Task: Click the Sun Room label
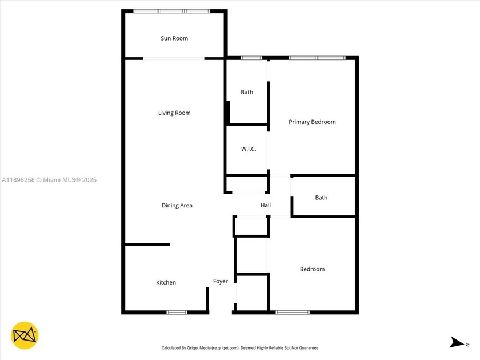[x=174, y=38]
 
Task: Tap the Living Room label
[x=174, y=113]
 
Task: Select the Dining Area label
[x=177, y=206]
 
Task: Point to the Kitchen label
[x=166, y=283]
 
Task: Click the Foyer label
[x=221, y=281]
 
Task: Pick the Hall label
[x=266, y=206]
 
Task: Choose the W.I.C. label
[x=248, y=149]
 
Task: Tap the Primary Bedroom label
[x=312, y=122]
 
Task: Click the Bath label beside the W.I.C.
[x=247, y=92]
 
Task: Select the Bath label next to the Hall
[x=321, y=198]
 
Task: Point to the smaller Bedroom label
[x=312, y=269]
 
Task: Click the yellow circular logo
[x=25, y=335]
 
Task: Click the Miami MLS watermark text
[x=49, y=180]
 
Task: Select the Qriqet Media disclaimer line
[x=240, y=347]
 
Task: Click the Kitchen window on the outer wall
[x=177, y=312]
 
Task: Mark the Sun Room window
[x=171, y=11]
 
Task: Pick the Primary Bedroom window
[x=317, y=58]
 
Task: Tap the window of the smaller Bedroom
[x=293, y=312]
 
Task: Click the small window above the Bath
[x=251, y=58]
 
